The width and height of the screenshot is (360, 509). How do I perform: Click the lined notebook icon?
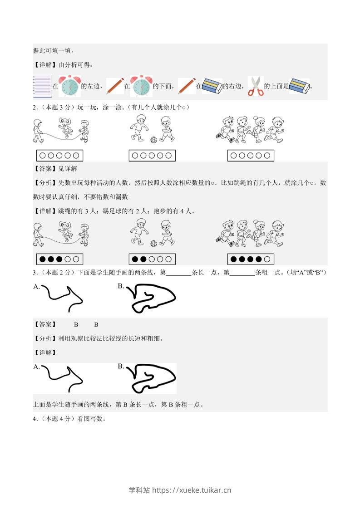click(42, 87)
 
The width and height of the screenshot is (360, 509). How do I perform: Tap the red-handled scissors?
click(256, 86)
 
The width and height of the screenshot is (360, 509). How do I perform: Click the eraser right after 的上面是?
click(299, 86)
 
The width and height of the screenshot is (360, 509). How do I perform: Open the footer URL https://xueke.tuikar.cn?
click(192, 490)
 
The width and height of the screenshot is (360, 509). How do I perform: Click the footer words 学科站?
click(139, 490)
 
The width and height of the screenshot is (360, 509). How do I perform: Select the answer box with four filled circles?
click(251, 259)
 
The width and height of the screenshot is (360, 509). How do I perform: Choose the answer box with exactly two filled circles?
click(152, 259)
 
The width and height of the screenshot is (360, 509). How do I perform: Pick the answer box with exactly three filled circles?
click(59, 259)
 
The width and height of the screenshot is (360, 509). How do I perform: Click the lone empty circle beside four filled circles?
click(267, 259)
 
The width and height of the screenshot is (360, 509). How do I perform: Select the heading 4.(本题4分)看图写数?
click(69, 419)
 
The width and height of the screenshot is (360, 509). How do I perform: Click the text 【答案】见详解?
click(55, 169)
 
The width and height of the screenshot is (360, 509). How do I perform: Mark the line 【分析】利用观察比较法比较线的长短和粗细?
click(98, 338)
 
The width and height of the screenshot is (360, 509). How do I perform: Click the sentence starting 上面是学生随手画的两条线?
click(118, 405)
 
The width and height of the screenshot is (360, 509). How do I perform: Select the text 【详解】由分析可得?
click(63, 65)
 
